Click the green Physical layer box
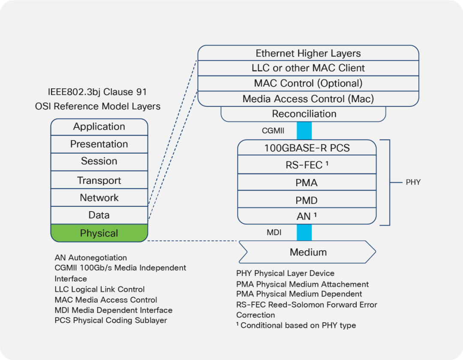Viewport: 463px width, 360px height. pos(99,233)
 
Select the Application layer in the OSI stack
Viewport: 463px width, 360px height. pos(99,127)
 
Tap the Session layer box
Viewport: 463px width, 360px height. pos(99,161)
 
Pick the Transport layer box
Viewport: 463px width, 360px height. pos(99,181)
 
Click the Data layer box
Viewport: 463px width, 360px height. pos(99,215)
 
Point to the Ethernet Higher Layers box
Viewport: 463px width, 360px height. pos(308,54)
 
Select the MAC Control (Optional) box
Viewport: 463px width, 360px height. pos(308,83)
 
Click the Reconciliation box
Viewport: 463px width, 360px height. pos(304,114)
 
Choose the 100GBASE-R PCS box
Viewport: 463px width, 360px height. pos(307,148)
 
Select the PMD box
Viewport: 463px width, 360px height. pos(307,200)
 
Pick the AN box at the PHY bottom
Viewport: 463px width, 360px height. pos(307,217)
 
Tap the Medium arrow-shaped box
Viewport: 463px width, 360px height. pos(308,252)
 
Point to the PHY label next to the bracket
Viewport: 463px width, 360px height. pos(413,182)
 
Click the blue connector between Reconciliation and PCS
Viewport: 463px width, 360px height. pos(304,130)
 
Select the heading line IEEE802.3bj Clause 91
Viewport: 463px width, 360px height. pos(98,92)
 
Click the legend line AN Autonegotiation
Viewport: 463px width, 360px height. pos(91,258)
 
